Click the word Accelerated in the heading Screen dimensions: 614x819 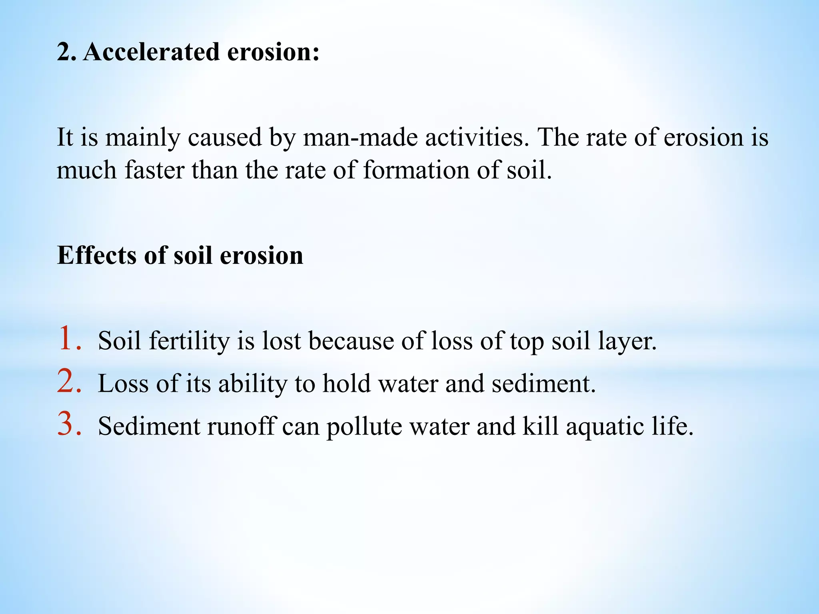[152, 52]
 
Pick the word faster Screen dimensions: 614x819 [154, 170]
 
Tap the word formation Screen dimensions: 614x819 [416, 170]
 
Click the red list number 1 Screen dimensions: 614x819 [69, 339]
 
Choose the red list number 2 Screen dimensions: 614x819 [69, 381]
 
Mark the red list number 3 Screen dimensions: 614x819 [69, 424]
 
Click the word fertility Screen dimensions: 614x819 [189, 341]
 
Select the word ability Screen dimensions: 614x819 [253, 384]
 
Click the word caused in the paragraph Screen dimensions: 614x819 [225, 137]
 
